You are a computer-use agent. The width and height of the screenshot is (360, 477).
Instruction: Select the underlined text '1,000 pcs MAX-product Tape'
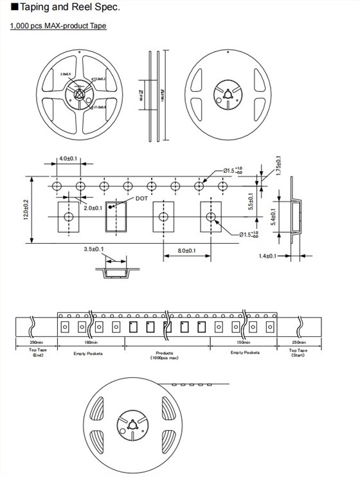pyautogui.click(x=59, y=26)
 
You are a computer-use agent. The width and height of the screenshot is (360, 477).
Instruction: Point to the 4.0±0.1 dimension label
pyautogui.click(x=68, y=158)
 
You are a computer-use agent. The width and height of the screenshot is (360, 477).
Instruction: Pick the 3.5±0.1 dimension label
pyautogui.click(x=94, y=249)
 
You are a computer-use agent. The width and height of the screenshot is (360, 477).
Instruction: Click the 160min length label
pyautogui.click(x=90, y=343)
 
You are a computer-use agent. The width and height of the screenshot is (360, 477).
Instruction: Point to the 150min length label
pyautogui.click(x=242, y=343)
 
